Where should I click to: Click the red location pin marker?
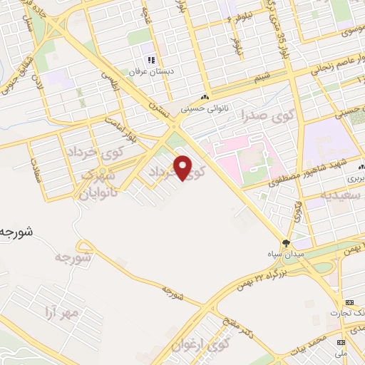pos(184,168)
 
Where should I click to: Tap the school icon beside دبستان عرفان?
pos(150,60)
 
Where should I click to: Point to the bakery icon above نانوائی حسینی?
pos(206,98)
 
